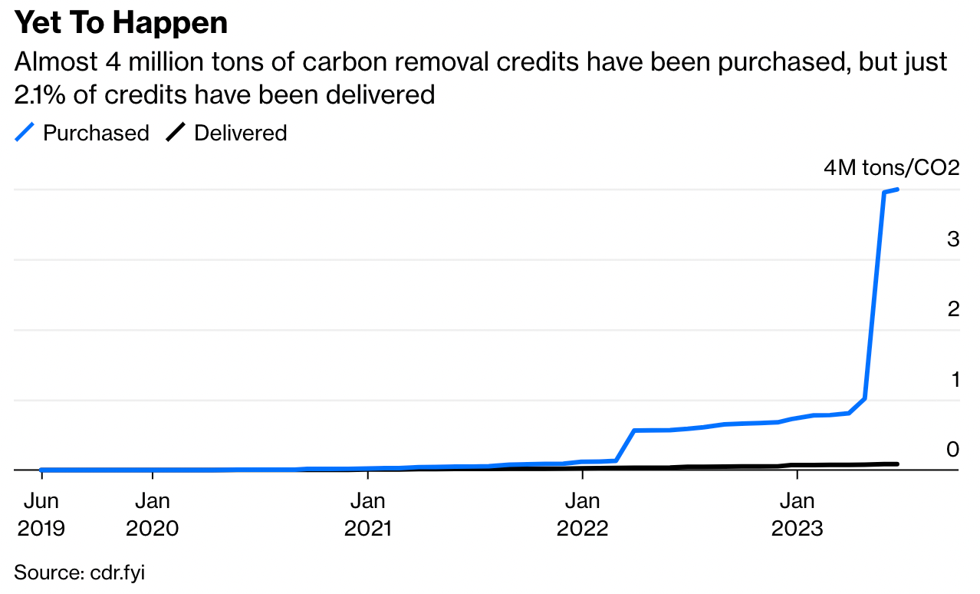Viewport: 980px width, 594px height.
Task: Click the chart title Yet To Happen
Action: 121,23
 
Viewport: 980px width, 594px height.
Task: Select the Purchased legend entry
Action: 95,133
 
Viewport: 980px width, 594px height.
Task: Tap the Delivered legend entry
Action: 240,133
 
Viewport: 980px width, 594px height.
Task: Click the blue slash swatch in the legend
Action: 25,133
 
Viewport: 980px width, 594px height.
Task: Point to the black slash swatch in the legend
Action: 176,133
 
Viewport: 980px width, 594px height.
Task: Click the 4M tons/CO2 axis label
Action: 891,168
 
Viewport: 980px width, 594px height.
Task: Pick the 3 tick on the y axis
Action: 953,239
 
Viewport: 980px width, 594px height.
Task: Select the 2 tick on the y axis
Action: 953,309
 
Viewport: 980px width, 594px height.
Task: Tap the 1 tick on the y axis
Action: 955,378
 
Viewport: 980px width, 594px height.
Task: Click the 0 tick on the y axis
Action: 953,448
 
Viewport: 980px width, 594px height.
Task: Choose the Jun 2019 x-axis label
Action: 42,515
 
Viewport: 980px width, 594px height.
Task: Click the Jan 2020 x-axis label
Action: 152,515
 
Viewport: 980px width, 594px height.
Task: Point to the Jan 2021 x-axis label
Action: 368,515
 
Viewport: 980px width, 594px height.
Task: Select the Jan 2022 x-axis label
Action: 583,515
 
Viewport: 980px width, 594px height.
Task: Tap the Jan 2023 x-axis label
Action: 797,515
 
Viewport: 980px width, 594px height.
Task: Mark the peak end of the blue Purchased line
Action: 898,190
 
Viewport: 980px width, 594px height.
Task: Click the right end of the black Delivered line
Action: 897,464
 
